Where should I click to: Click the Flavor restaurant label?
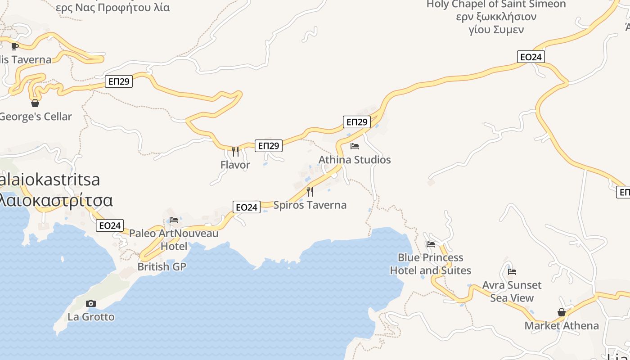click(235, 165)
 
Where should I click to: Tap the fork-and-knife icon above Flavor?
click(235, 151)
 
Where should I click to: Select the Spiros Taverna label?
click(310, 205)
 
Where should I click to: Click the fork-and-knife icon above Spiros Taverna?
click(310, 192)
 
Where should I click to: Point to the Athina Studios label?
click(355, 160)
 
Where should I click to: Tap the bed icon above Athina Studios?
click(355, 146)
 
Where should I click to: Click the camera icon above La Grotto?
click(91, 303)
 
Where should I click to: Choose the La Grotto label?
click(91, 317)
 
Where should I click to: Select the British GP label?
click(162, 266)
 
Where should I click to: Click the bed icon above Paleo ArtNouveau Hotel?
click(174, 220)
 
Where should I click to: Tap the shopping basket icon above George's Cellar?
click(35, 103)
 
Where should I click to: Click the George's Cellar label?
click(36, 117)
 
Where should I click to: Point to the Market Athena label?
click(562, 326)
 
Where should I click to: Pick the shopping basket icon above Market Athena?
click(562, 312)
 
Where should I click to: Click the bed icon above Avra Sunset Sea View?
click(512, 272)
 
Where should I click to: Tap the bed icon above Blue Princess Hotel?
click(431, 244)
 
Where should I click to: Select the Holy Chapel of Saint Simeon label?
click(496, 4)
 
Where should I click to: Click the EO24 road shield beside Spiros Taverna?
click(247, 207)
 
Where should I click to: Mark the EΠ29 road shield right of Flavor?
click(269, 145)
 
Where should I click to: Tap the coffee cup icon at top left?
click(15, 46)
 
